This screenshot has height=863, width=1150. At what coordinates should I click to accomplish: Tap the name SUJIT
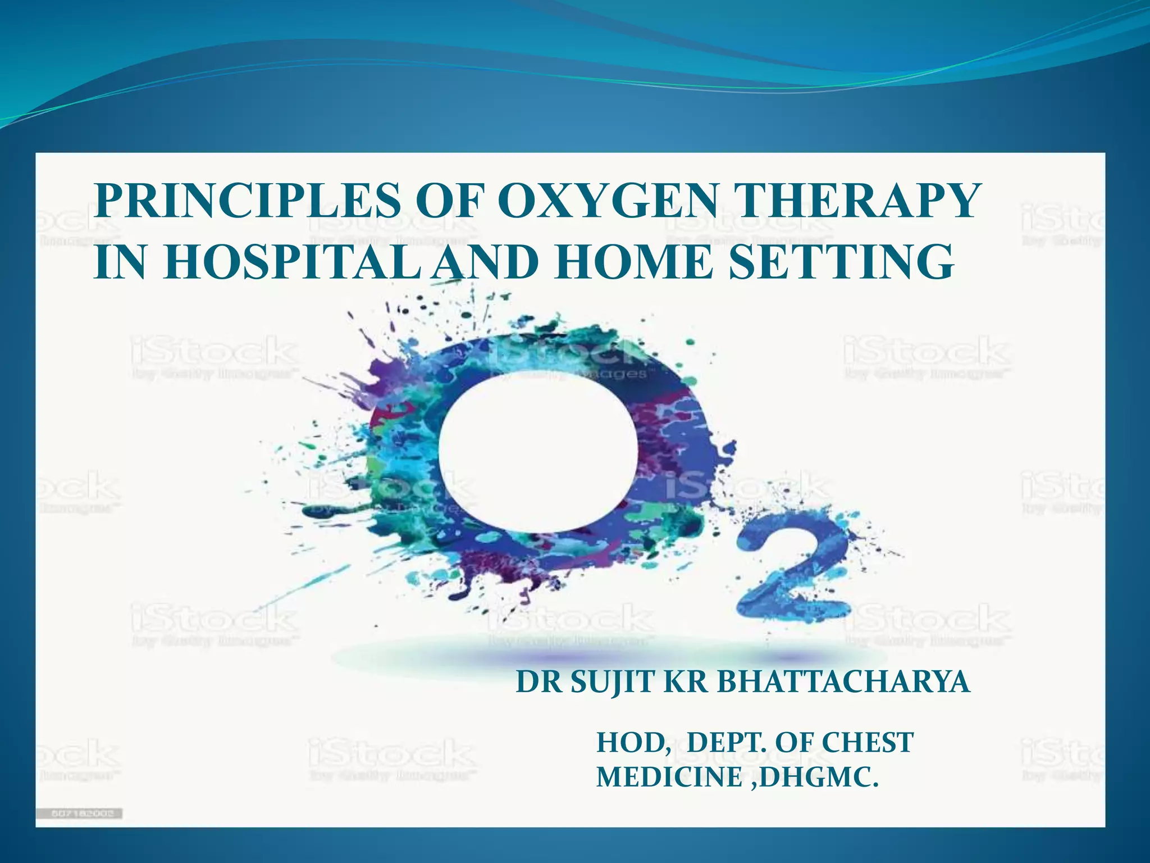pyautogui.click(x=613, y=683)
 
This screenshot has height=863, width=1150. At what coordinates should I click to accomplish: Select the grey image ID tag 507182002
pyautogui.click(x=80, y=814)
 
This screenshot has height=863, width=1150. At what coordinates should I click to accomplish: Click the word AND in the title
pyautogui.click(x=486, y=262)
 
